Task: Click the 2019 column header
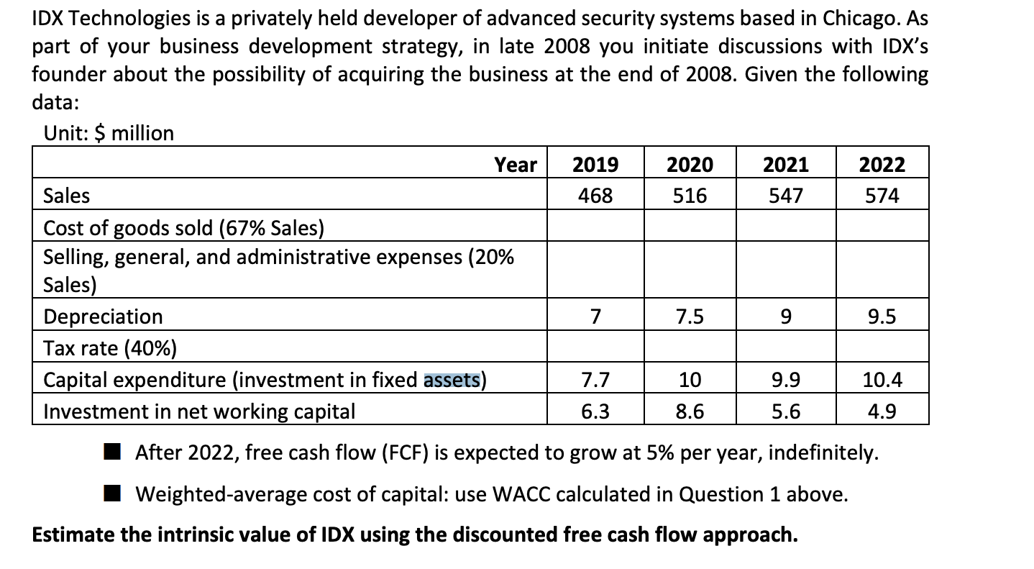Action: click(x=595, y=165)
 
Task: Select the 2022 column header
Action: click(x=882, y=165)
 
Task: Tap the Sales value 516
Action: click(x=690, y=196)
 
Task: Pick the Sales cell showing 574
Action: click(x=882, y=196)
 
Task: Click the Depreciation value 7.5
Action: click(x=690, y=317)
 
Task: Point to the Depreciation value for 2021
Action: click(x=785, y=317)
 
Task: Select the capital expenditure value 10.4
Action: click(x=882, y=379)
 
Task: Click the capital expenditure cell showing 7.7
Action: click(x=595, y=379)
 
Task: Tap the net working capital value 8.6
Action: click(x=690, y=411)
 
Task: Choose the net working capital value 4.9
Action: click(x=882, y=411)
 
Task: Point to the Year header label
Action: click(x=516, y=165)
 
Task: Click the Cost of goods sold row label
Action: click(x=183, y=228)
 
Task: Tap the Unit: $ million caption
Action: click(x=109, y=133)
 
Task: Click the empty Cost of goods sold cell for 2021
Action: click(x=785, y=226)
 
